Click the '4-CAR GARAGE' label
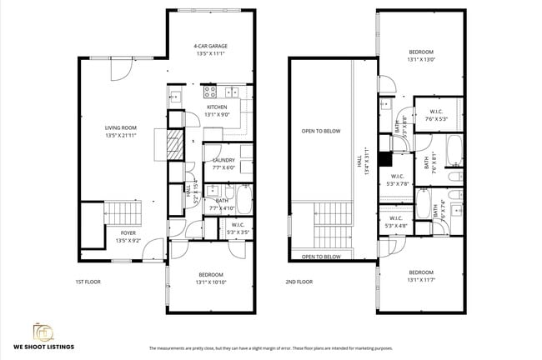pos(211,46)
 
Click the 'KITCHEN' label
pos(217,107)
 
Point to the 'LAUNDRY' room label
pos(223,160)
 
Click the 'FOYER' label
pos(128,233)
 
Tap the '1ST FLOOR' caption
pos(88,282)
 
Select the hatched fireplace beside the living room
pos(173,147)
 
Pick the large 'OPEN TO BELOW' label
pos(321,131)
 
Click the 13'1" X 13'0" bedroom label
pos(421,55)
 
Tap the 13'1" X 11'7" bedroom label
pos(421,276)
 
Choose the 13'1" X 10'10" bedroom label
pos(210,278)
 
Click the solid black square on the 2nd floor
pos(384,160)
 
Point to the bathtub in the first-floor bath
pos(243,199)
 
